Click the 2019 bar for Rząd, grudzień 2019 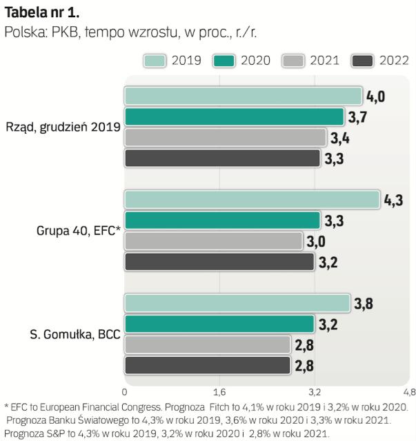click(243, 96)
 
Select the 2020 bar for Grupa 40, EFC click(222, 220)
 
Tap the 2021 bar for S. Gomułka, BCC click(207, 345)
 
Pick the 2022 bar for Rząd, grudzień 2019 click(222, 158)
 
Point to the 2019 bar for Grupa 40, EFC click(252, 200)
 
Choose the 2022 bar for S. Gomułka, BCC click(207, 365)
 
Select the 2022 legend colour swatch click(362, 61)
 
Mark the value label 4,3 click(393, 201)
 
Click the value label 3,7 click(357, 117)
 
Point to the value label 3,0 click(317, 241)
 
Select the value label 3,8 click(363, 303)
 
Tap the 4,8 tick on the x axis click(408, 392)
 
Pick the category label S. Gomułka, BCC click(75, 334)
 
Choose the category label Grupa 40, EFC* click(78, 231)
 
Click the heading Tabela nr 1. click(42, 12)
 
